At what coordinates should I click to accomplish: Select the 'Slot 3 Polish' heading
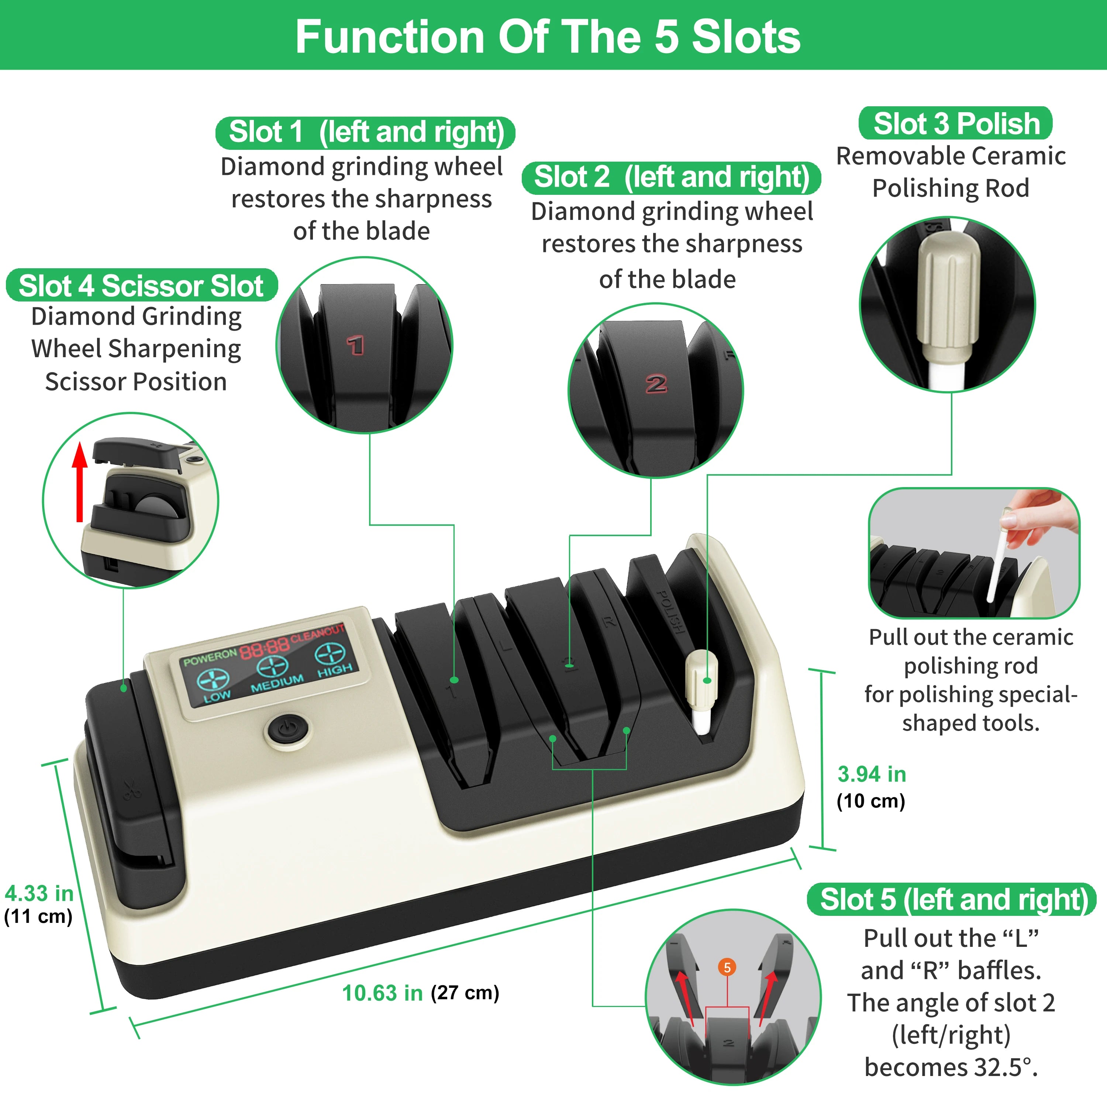pos(955,123)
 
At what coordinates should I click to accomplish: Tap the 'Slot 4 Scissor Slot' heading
pos(141,285)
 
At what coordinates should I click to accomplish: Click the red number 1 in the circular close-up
pos(355,345)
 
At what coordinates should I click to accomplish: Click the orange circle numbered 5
pos(727,967)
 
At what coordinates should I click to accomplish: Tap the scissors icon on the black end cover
pos(132,790)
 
